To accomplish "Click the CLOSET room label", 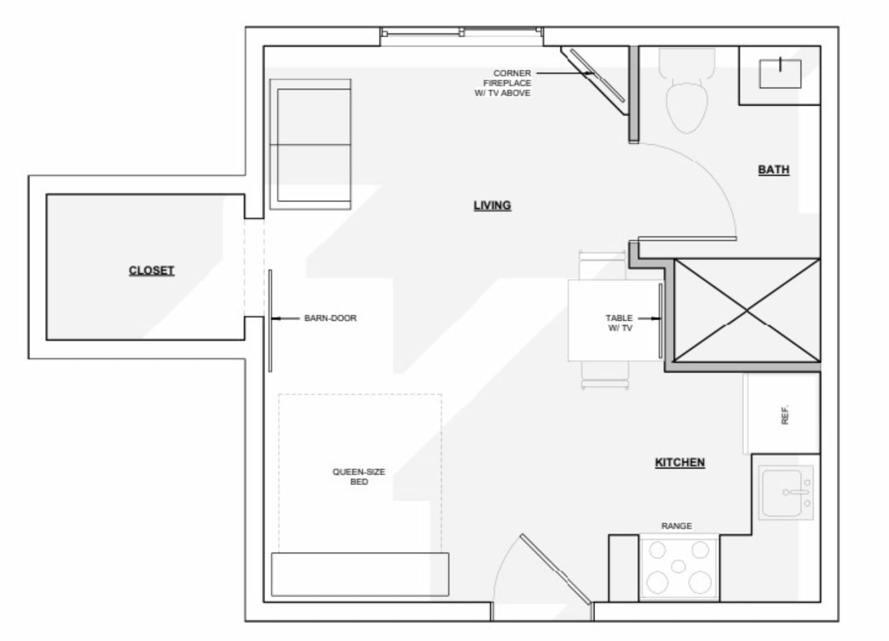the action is [x=152, y=271].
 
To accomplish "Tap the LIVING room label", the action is [x=492, y=205].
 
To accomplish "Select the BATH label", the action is [x=773, y=170].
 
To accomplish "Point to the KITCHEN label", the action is [x=680, y=462].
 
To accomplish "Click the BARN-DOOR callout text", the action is [x=330, y=318].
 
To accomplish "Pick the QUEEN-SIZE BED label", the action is [x=359, y=477].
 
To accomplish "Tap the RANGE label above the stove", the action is [x=676, y=526].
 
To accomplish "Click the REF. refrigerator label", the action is [x=785, y=415].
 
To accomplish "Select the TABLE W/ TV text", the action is [x=620, y=322].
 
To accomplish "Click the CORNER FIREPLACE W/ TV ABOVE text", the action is [x=503, y=83].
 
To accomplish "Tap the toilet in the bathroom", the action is [x=687, y=90].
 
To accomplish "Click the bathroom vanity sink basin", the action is [x=780, y=74].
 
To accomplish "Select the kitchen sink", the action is [x=786, y=493].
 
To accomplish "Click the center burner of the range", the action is [x=678, y=567].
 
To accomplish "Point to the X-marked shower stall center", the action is [x=747, y=310].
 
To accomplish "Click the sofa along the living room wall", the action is [x=311, y=144].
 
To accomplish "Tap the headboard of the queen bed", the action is [x=360, y=574].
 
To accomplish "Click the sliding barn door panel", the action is [x=270, y=321].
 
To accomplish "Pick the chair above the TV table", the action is [x=602, y=265].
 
